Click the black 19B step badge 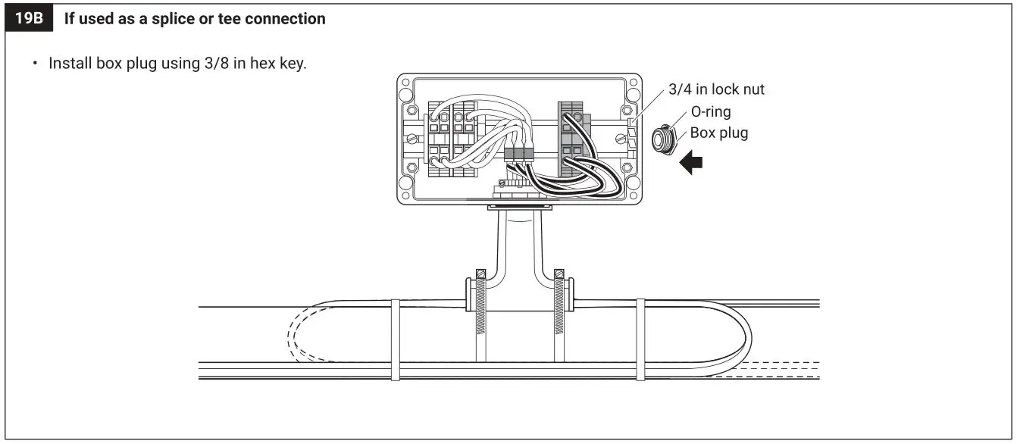coord(30,19)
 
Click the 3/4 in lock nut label coord(716,89)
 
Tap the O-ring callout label coord(710,112)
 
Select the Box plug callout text coord(718,133)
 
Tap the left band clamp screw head coord(480,274)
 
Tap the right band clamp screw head coord(560,274)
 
